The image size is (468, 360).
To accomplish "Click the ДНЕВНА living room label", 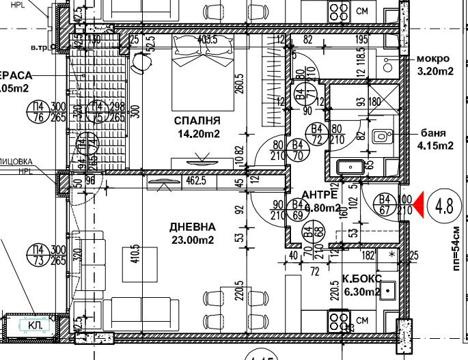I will click(x=195, y=227).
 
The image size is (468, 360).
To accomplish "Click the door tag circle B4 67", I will click(x=385, y=204).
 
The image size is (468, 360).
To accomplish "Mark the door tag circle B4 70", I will click(x=298, y=150).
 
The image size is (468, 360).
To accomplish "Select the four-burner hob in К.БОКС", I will click(x=340, y=319).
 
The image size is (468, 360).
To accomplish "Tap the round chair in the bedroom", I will click(x=141, y=63).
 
